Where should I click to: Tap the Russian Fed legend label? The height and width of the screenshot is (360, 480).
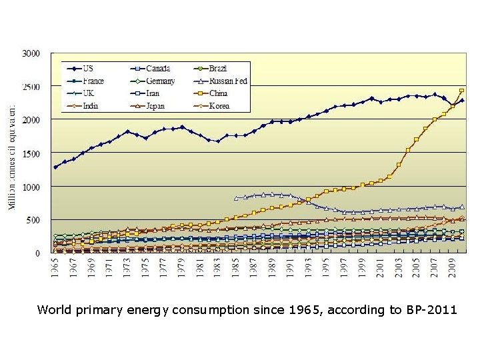coord(229,81)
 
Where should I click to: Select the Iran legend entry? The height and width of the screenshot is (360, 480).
coord(154,93)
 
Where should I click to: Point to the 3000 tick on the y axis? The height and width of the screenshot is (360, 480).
coord(31,53)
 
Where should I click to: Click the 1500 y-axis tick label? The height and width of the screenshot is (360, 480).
coord(31,153)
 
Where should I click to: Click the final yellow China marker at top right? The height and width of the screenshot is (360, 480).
coord(462,91)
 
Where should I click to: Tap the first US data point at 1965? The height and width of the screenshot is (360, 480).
coord(56,167)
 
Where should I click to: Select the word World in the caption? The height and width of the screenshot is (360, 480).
coord(54,309)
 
